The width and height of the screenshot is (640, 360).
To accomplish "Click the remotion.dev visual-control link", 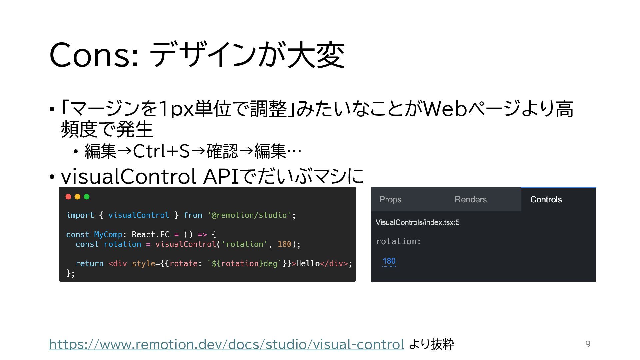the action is pyautogui.click(x=226, y=344).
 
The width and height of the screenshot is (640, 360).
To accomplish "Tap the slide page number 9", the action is pyautogui.click(x=588, y=344).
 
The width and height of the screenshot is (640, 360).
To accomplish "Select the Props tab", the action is pyautogui.click(x=390, y=199).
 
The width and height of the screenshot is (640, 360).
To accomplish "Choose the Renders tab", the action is pyautogui.click(x=470, y=199).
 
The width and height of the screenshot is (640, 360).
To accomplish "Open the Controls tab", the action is pyautogui.click(x=546, y=199).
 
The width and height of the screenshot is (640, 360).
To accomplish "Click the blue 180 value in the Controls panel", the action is pyautogui.click(x=389, y=261).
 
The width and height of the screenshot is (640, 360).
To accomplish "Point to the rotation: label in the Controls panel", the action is pyautogui.click(x=399, y=241).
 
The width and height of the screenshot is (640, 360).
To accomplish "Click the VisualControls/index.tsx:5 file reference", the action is pyautogui.click(x=417, y=222).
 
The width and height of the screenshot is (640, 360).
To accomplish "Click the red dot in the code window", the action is pyautogui.click(x=68, y=197).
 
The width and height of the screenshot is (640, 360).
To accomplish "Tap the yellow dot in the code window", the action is pyautogui.click(x=78, y=197).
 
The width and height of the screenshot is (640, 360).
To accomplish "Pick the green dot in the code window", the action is pyautogui.click(x=87, y=197).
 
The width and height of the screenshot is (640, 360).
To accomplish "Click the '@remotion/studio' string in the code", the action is pyautogui.click(x=249, y=215).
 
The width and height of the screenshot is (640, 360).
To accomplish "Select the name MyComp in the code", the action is pyautogui.click(x=108, y=235).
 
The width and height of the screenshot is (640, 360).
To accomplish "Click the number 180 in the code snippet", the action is pyautogui.click(x=284, y=244).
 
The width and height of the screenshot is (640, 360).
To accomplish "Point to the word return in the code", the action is pyautogui.click(x=89, y=264).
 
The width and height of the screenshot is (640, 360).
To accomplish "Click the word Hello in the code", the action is pyautogui.click(x=308, y=264).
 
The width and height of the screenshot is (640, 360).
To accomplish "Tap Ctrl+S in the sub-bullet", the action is pyautogui.click(x=161, y=151).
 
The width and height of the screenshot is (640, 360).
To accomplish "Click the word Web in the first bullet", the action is pyautogui.click(x=445, y=109).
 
